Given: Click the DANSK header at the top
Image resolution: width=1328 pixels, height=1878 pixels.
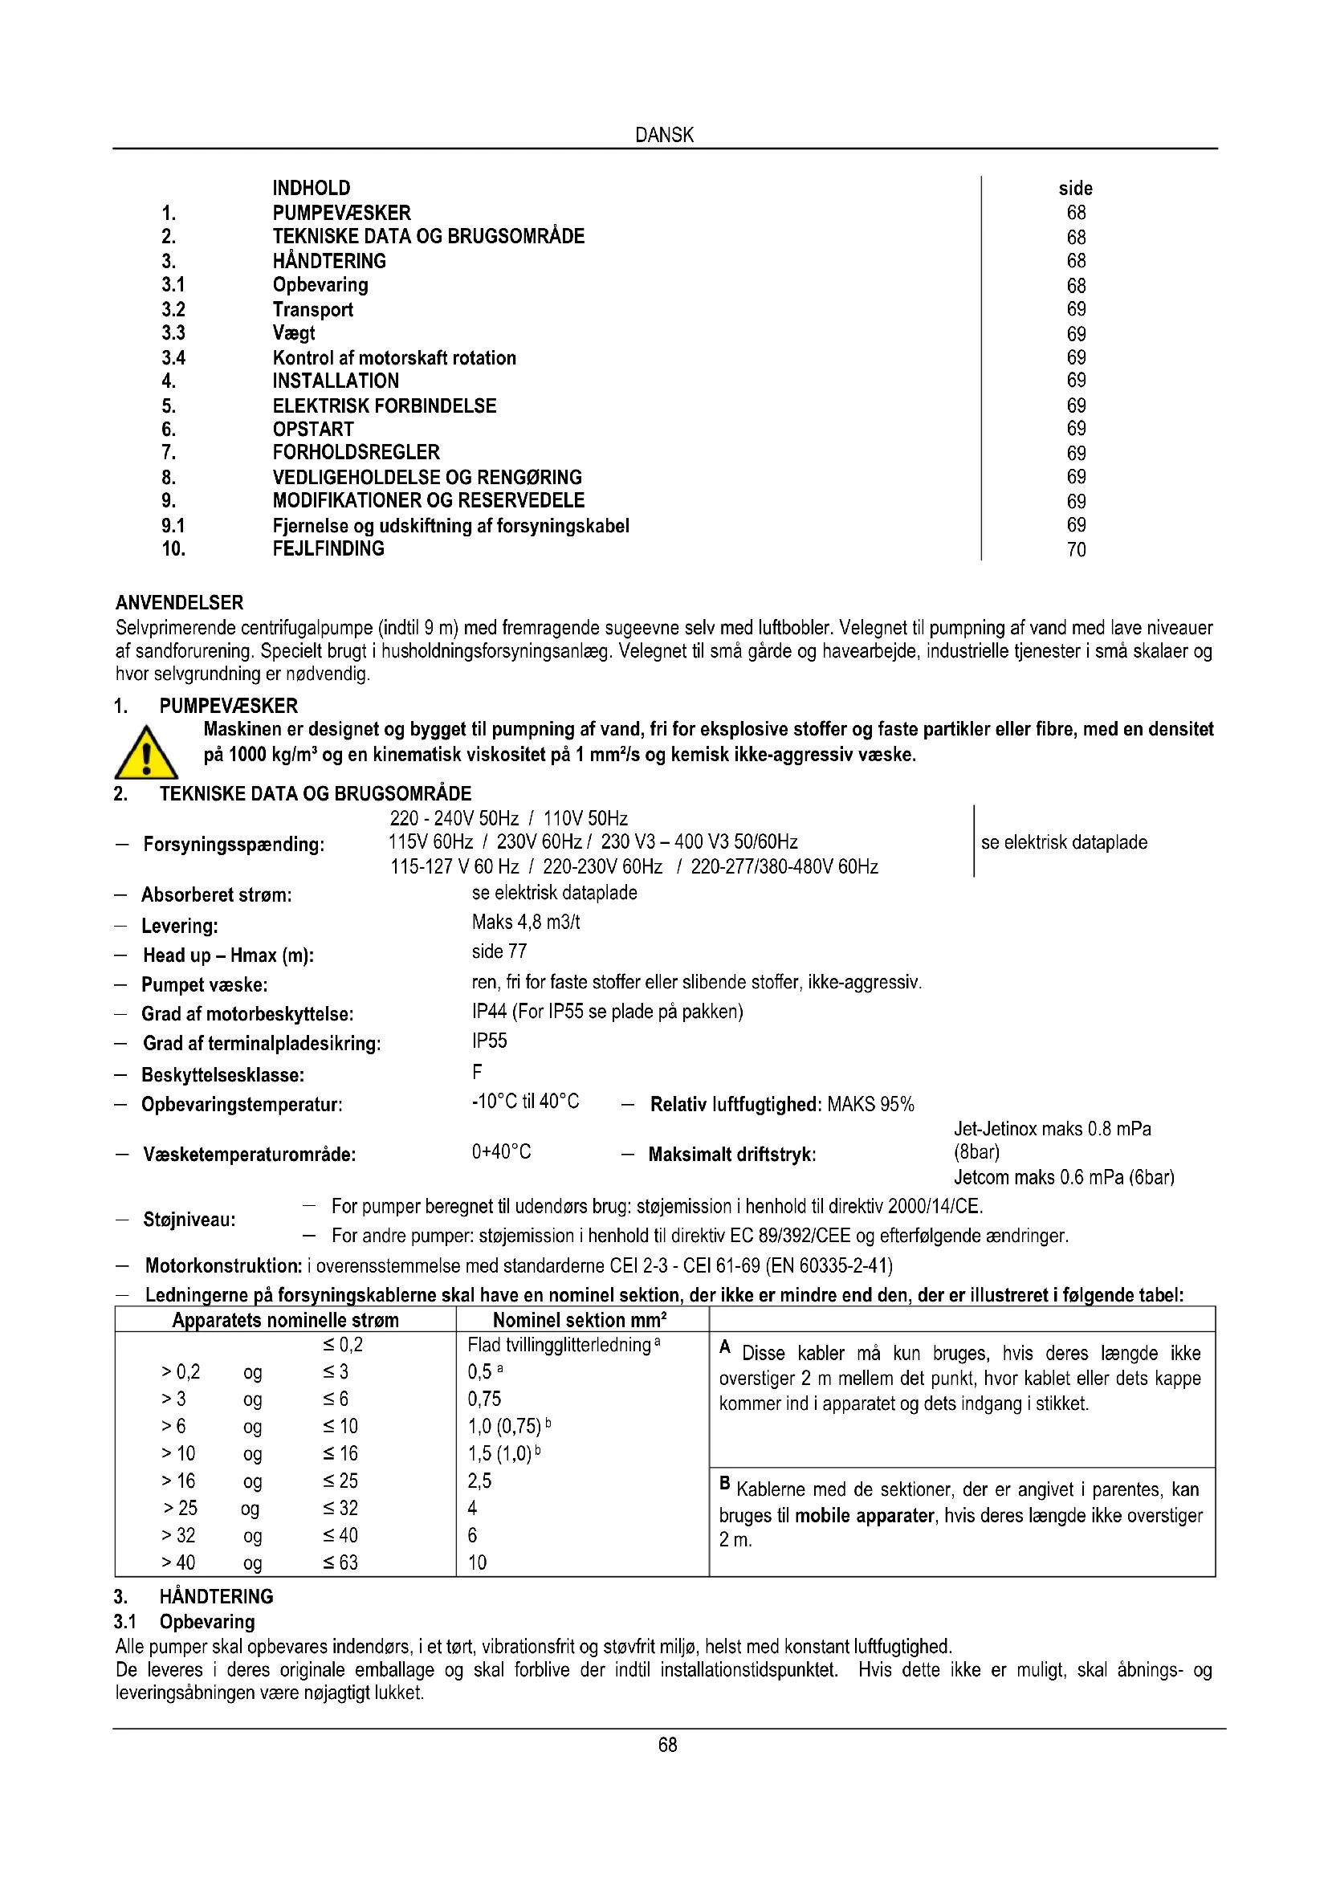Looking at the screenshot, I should (664, 135).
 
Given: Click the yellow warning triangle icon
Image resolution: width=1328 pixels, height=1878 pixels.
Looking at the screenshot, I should (145, 753).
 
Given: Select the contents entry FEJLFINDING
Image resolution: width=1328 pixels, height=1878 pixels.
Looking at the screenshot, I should (328, 549).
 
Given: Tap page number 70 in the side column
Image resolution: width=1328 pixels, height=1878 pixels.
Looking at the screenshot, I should (1076, 550).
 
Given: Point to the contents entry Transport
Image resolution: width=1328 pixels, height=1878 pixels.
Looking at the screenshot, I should (312, 310).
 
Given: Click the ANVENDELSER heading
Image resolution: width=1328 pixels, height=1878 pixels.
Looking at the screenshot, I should (179, 603).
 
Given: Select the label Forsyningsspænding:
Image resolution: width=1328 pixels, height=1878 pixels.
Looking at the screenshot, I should (233, 844).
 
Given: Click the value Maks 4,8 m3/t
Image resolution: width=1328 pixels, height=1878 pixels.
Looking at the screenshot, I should (526, 923).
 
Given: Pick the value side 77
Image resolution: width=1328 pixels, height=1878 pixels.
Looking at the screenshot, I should (499, 951).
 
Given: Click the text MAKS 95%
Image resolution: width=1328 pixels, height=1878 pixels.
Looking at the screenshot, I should (870, 1104).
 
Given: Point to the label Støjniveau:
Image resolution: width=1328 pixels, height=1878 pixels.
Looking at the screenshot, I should (189, 1220).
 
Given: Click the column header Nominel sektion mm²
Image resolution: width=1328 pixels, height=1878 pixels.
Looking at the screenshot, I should (580, 1320).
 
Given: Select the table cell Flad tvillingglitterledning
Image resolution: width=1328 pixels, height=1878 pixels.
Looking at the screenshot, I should (560, 1346).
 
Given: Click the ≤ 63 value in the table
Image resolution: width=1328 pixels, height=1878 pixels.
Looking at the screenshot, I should (340, 1563).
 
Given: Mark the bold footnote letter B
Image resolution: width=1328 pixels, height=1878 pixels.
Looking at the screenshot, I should (724, 1482).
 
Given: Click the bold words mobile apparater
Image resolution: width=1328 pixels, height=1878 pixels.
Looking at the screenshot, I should (864, 1516).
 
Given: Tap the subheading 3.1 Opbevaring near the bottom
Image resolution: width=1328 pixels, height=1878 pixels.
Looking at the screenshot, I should (184, 1622).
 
